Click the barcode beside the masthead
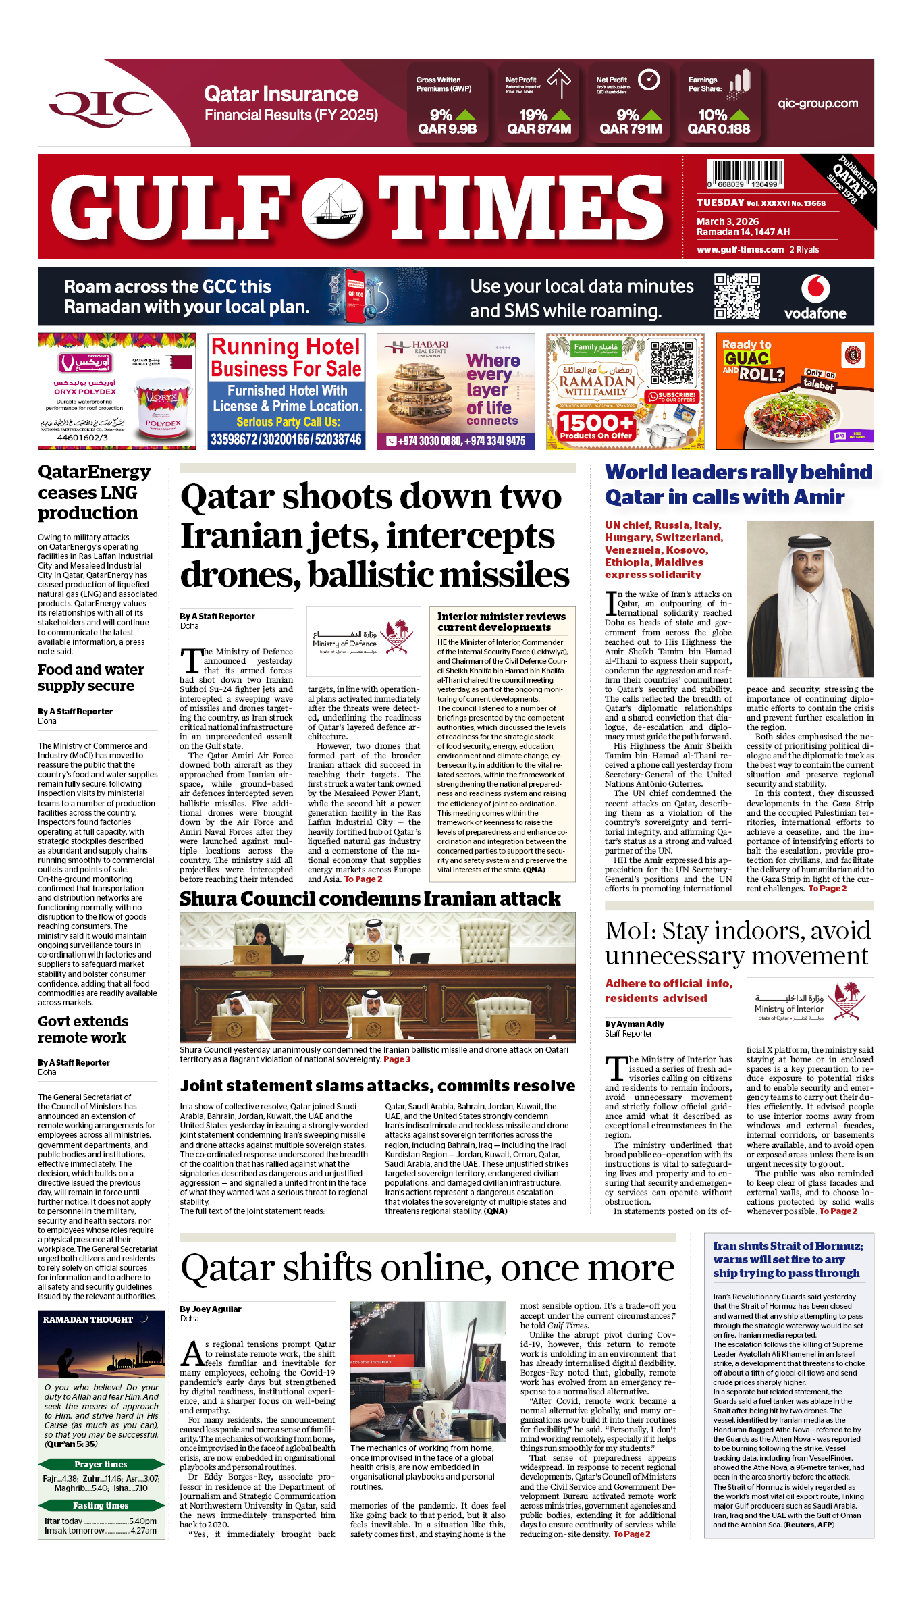point(745,174)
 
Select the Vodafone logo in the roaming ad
point(815,297)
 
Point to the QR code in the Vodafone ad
point(737,296)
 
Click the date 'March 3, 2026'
point(728,221)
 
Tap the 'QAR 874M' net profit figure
point(539,129)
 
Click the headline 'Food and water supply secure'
point(90,677)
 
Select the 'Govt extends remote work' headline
point(83,1029)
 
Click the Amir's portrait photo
point(809,598)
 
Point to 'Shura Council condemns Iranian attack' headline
point(370,899)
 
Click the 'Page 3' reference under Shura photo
point(397,1059)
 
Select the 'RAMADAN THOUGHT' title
point(88,1319)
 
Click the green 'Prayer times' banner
point(101,1464)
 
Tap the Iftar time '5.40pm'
point(142,1521)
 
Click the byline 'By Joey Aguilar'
point(211,1309)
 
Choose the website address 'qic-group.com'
point(817,103)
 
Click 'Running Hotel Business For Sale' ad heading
point(286,357)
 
